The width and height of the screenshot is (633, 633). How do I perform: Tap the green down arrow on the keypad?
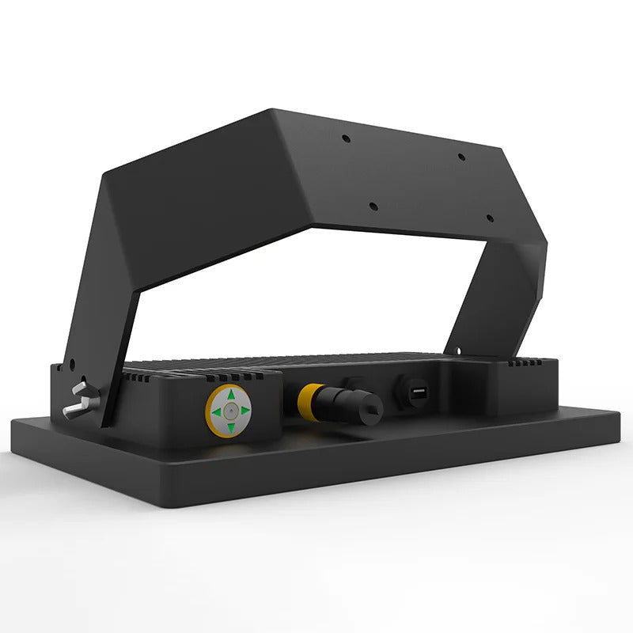point(230,427)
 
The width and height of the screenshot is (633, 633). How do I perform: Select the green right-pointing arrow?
point(245,411)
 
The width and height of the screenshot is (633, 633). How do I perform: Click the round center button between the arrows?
point(229,411)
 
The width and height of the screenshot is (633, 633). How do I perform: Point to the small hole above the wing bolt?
point(71,366)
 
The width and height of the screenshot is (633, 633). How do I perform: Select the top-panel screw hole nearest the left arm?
point(346,138)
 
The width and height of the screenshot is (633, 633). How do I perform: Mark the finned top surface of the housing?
point(316,362)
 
